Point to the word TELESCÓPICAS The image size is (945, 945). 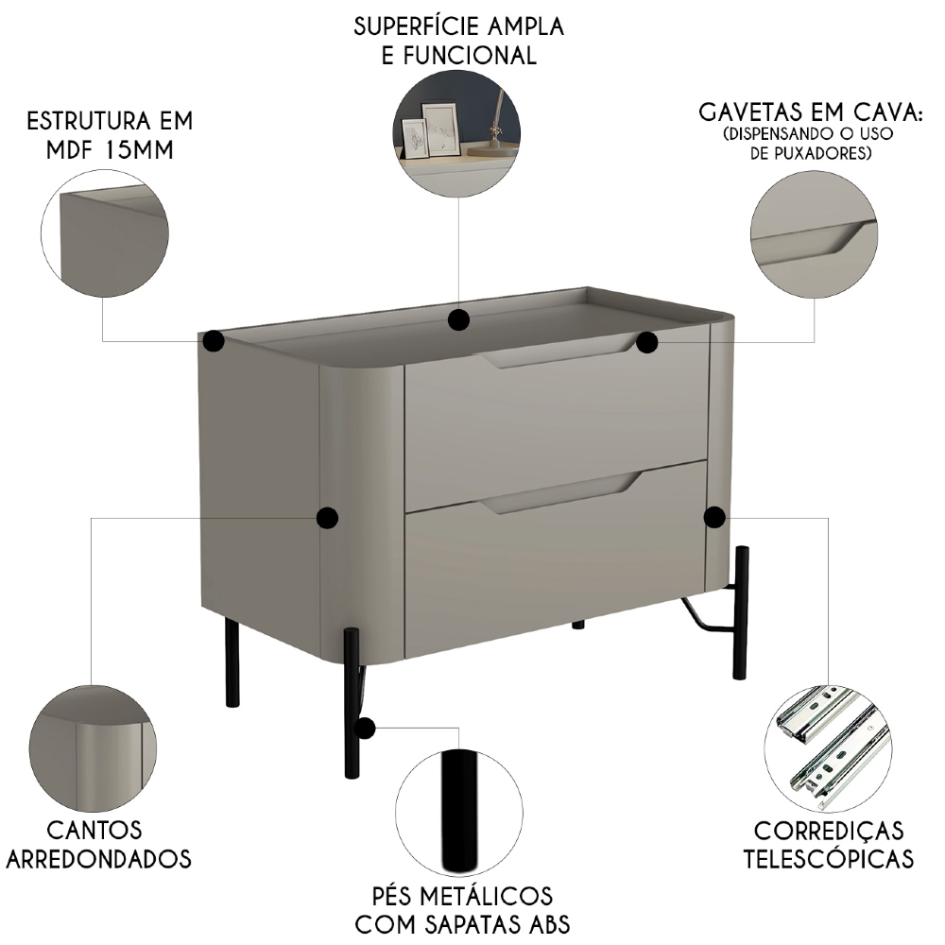point(828,859)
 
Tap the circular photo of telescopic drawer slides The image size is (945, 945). point(828,747)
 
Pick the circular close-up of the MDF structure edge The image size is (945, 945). point(105,234)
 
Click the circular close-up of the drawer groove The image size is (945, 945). point(814,234)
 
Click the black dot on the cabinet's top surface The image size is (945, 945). point(459,319)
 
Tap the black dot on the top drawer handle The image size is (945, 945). point(646,342)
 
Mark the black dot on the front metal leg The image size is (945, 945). point(364,728)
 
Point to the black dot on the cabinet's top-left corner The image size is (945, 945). point(214,340)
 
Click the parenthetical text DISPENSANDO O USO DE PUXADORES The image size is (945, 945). point(809,142)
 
